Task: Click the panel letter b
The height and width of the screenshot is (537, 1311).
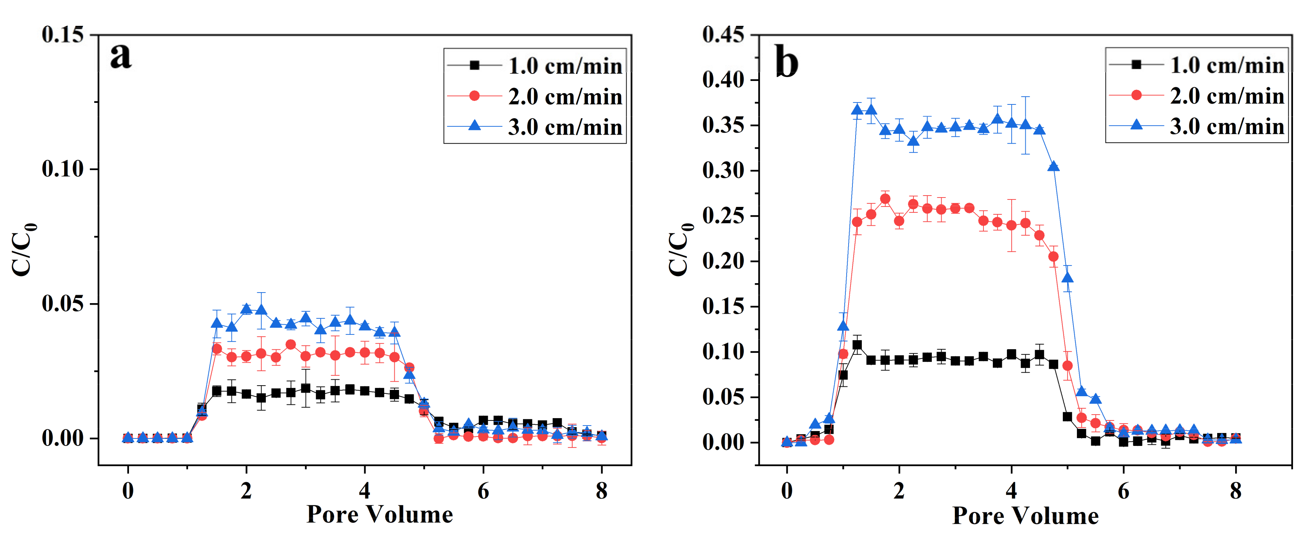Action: [786, 62]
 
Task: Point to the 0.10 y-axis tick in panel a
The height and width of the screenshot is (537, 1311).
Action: [63, 169]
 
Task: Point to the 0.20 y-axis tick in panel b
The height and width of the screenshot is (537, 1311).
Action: [723, 261]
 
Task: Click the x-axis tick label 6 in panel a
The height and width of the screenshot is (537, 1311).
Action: [483, 491]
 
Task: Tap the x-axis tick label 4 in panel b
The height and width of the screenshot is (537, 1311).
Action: [1011, 491]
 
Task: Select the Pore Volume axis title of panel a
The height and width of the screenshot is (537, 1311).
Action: [380, 515]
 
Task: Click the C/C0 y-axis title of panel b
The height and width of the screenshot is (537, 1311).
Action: [681, 250]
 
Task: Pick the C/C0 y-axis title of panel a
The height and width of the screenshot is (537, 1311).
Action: [23, 250]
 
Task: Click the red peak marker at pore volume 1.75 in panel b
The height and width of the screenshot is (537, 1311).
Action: [885, 199]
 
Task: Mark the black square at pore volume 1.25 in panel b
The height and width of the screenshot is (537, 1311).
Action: [857, 345]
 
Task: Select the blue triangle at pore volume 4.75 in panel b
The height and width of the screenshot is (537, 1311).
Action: [1053, 167]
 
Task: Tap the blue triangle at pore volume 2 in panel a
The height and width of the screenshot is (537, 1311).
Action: [246, 309]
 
